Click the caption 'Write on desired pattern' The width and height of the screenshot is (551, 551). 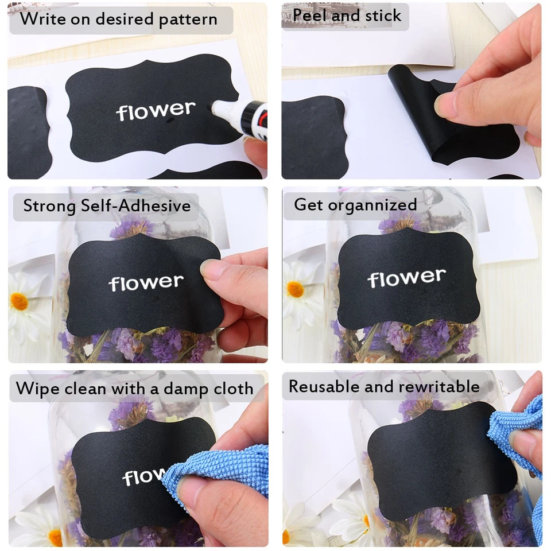(x=119, y=19)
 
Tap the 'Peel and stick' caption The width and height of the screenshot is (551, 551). (x=347, y=15)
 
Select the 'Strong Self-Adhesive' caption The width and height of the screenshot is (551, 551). (x=107, y=205)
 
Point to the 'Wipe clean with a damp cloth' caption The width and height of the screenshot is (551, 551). (x=134, y=389)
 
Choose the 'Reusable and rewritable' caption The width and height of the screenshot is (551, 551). (x=383, y=386)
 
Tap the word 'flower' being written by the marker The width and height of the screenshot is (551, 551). (x=156, y=111)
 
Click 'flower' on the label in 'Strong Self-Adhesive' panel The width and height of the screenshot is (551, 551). (x=146, y=282)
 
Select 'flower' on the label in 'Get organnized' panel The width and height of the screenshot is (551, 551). (x=406, y=278)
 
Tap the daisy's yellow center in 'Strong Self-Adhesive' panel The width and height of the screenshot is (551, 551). (x=19, y=301)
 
